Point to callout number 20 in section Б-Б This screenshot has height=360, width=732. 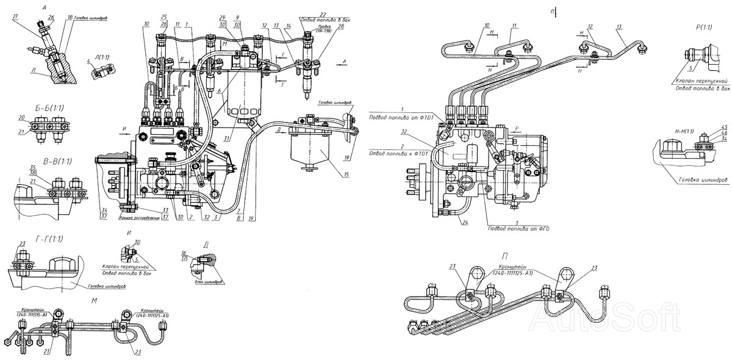pyautogui.click(x=38, y=118)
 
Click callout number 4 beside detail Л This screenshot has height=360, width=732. pyautogui.click(x=88, y=62)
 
